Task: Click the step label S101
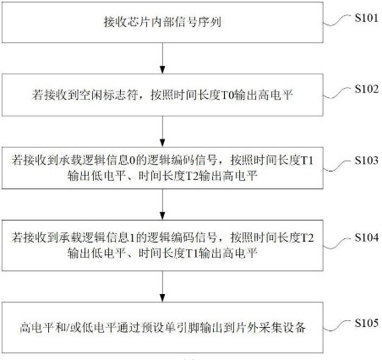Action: coord(366,18)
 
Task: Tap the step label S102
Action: coord(366,89)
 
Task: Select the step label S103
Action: coord(366,161)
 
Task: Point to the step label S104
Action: coord(366,237)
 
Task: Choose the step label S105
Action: coord(366,323)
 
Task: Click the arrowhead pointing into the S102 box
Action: coord(162,69)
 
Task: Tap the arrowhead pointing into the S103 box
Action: coord(162,143)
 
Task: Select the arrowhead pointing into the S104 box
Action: coord(162,215)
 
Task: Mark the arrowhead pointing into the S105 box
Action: coord(162,297)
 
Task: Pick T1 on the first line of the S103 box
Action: coord(308,161)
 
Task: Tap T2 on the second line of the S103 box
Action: coord(193,177)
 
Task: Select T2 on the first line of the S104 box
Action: coord(308,238)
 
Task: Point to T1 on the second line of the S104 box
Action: coord(193,254)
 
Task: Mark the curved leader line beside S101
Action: coord(337,20)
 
